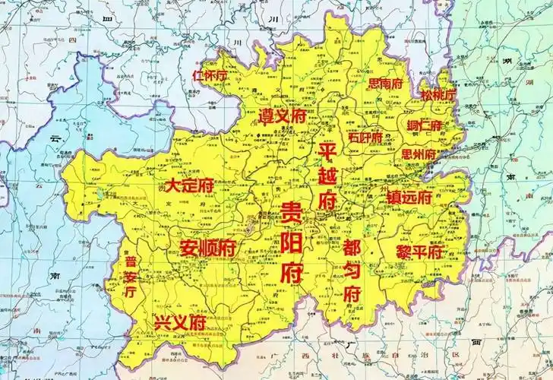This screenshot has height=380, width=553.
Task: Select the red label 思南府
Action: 385,84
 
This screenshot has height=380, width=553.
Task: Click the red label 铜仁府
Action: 425,125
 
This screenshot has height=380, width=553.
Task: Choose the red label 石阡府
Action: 366,138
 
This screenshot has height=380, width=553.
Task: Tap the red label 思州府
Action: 419,154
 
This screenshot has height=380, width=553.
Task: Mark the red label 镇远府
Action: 409,196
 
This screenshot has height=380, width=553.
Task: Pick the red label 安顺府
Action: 207,248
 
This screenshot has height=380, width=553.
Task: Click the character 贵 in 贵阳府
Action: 292,214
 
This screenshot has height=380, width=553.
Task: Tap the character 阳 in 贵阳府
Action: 292,243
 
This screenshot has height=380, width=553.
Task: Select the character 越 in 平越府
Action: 327,176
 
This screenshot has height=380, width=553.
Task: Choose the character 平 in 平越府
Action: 327,150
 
